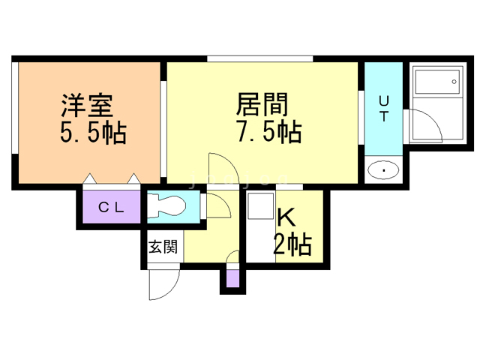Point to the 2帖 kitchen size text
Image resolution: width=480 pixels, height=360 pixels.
[x=292, y=244]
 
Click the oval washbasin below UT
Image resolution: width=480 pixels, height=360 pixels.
[x=384, y=171]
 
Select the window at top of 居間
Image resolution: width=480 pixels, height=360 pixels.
[x=259, y=58]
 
